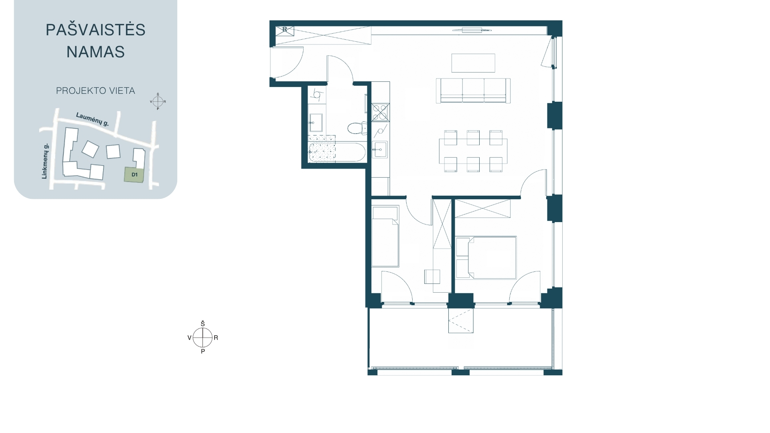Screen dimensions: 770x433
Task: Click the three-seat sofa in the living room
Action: [x=473, y=91]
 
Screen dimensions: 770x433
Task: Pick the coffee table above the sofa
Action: [x=473, y=63]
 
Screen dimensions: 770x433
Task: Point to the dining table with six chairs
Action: [x=473, y=151]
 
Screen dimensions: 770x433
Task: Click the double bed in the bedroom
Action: [x=486, y=257]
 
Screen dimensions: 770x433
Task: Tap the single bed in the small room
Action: [x=385, y=236]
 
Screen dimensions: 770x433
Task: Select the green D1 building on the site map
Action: [x=134, y=175]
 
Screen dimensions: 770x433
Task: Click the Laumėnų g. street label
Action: [x=93, y=119]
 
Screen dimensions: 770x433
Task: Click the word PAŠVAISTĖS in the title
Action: [x=95, y=30]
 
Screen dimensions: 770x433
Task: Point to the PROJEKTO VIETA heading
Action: [x=95, y=91]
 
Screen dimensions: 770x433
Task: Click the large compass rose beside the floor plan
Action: [x=203, y=338]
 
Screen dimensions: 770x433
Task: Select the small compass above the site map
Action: [x=158, y=101]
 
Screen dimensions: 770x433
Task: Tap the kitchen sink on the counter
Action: [x=379, y=150]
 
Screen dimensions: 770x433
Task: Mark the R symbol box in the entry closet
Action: [x=284, y=30]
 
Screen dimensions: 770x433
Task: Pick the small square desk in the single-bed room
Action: [x=432, y=277]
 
